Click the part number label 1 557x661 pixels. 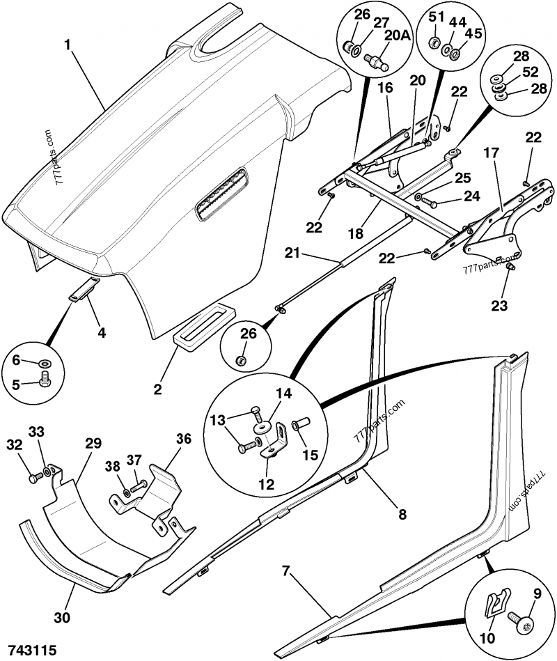coord(68,45)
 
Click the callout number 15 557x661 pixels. coord(310,455)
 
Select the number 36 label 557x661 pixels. coord(183,440)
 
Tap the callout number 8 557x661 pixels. coord(402,515)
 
